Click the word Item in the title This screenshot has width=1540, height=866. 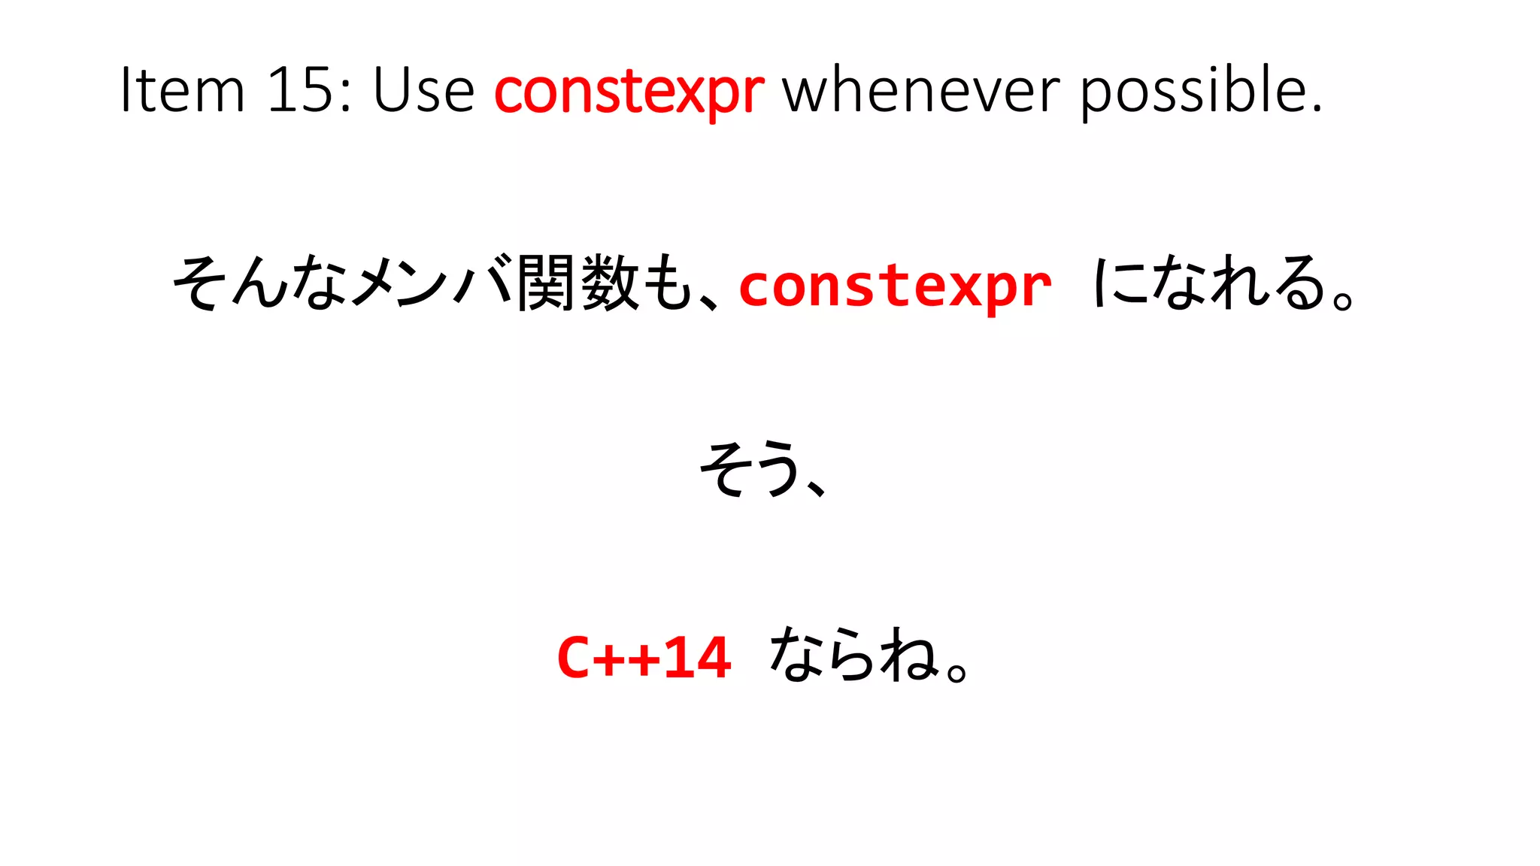(x=183, y=90)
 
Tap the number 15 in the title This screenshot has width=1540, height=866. (x=300, y=90)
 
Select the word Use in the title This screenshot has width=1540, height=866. (x=423, y=90)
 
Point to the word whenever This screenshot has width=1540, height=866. (x=921, y=90)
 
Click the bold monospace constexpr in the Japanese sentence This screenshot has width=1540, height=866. (x=895, y=286)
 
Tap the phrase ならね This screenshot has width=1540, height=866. (x=853, y=656)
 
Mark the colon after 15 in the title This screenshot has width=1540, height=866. (x=345, y=95)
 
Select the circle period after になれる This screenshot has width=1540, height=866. (x=1343, y=299)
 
